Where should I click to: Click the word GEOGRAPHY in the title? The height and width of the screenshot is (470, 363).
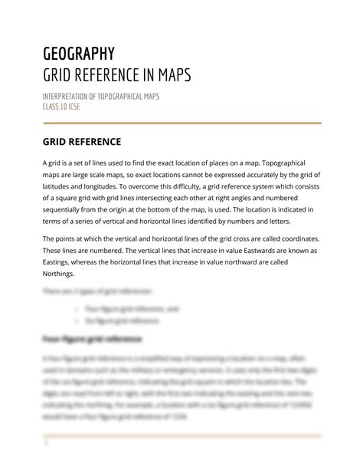tap(79, 54)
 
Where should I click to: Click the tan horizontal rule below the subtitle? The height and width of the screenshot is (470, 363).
tap(181, 122)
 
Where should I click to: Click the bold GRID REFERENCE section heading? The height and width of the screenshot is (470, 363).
tap(81, 143)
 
